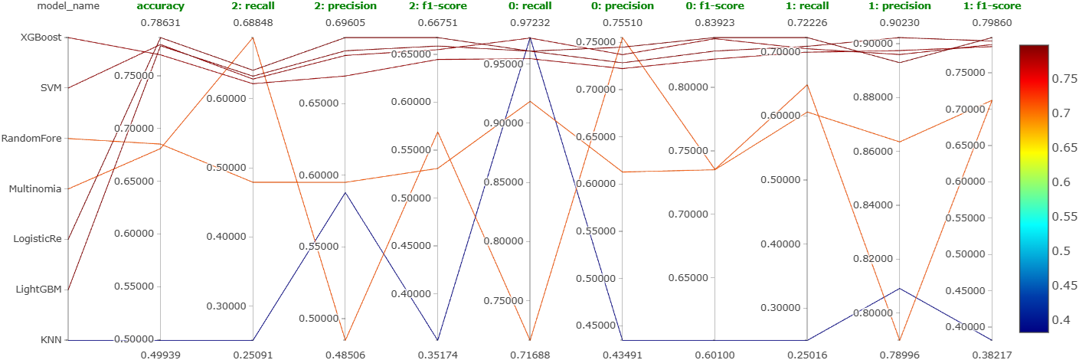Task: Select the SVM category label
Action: tap(51, 88)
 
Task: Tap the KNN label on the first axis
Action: tap(51, 340)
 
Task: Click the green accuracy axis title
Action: tap(160, 6)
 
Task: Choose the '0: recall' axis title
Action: tap(530, 6)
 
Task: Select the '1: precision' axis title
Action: tap(900, 6)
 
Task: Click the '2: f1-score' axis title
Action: tap(437, 6)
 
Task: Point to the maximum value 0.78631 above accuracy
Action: tap(160, 23)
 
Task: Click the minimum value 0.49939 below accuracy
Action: tap(160, 355)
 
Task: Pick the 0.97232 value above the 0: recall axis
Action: tap(530, 23)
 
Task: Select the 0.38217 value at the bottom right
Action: tap(992, 355)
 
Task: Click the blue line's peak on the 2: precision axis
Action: tap(345, 192)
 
